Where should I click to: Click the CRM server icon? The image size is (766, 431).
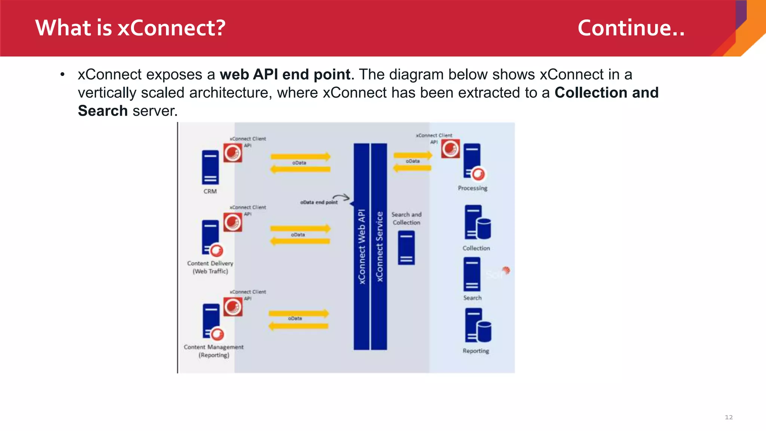(x=210, y=167)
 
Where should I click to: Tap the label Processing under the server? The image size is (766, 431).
(x=472, y=188)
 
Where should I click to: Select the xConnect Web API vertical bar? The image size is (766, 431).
(x=361, y=247)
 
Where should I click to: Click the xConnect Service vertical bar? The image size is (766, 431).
(x=379, y=247)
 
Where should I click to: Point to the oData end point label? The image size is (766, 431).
(x=319, y=202)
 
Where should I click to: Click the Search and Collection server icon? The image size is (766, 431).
(x=406, y=248)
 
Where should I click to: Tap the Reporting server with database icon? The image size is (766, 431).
(x=478, y=325)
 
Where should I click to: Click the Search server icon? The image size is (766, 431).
(x=472, y=275)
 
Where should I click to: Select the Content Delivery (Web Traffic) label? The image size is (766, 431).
(x=210, y=267)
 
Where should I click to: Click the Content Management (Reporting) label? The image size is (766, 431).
(x=214, y=351)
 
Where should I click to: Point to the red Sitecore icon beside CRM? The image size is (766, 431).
(x=233, y=153)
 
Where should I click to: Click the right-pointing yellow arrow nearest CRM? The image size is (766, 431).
(x=301, y=156)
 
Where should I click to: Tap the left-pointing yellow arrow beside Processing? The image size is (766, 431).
(x=412, y=168)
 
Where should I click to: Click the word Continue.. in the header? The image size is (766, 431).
(x=631, y=28)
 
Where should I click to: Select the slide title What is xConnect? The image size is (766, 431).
(x=130, y=28)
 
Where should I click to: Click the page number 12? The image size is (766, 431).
(x=729, y=417)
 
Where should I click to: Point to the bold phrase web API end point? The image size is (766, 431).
(x=285, y=74)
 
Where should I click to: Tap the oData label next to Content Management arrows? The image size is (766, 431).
(x=295, y=318)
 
